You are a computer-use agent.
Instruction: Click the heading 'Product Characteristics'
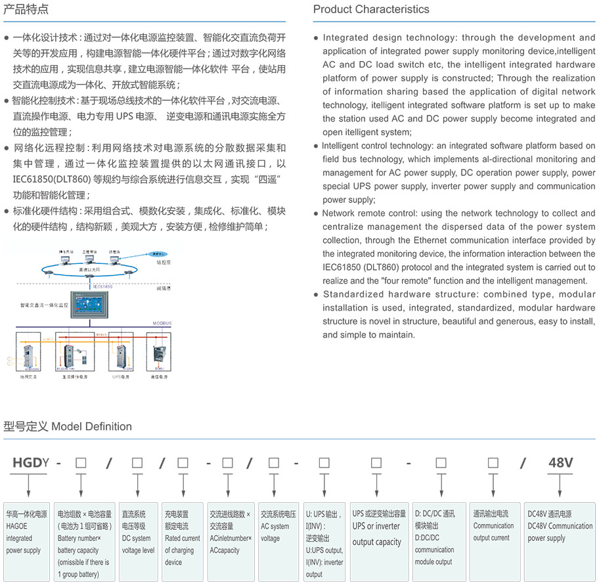pos(371,9)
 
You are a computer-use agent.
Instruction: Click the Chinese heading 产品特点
pos(26,9)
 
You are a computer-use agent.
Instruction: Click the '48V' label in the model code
pos(560,462)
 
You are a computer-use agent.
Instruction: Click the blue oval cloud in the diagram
pos(156,252)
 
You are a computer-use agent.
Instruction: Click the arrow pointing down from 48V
pos(560,487)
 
